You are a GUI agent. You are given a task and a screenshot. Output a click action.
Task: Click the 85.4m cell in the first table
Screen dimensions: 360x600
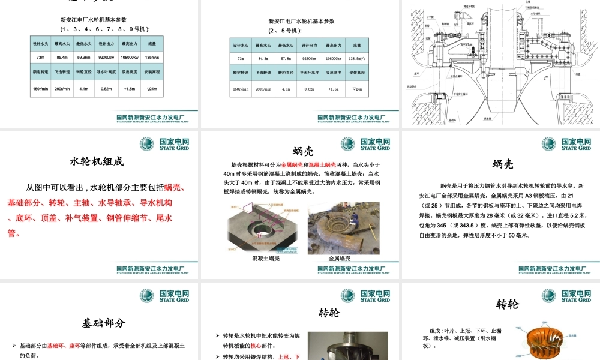tap(61, 58)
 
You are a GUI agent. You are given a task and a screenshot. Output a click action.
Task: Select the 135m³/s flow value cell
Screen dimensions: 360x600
tap(152, 58)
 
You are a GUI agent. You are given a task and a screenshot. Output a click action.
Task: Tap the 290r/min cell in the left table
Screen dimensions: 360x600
tap(61, 89)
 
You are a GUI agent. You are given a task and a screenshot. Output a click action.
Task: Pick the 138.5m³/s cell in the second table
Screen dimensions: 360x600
tap(356, 59)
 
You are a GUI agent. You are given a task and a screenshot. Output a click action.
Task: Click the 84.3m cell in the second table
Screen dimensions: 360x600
tap(263, 59)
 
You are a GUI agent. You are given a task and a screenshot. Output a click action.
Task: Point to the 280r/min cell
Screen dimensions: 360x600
tap(263, 89)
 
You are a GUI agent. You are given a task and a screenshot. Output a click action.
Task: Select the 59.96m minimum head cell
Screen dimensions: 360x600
tap(84, 58)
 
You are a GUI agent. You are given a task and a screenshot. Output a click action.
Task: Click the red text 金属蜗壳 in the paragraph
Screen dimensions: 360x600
tap(293, 164)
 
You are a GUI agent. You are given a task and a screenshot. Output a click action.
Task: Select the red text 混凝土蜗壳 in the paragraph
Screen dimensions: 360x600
tap(328, 164)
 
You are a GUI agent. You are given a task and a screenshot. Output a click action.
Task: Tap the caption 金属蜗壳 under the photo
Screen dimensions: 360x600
tap(340, 259)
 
